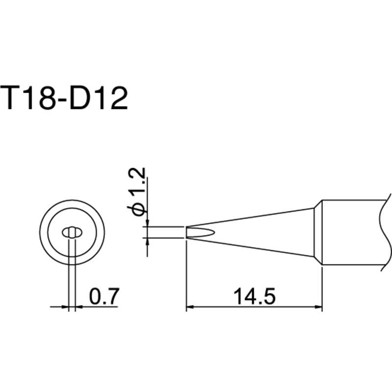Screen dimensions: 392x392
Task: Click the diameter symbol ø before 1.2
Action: click(x=139, y=208)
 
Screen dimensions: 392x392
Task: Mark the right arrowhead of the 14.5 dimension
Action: click(x=318, y=308)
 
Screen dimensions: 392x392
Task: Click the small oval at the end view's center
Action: click(x=72, y=232)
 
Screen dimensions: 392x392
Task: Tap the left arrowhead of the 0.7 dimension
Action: click(x=66, y=308)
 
